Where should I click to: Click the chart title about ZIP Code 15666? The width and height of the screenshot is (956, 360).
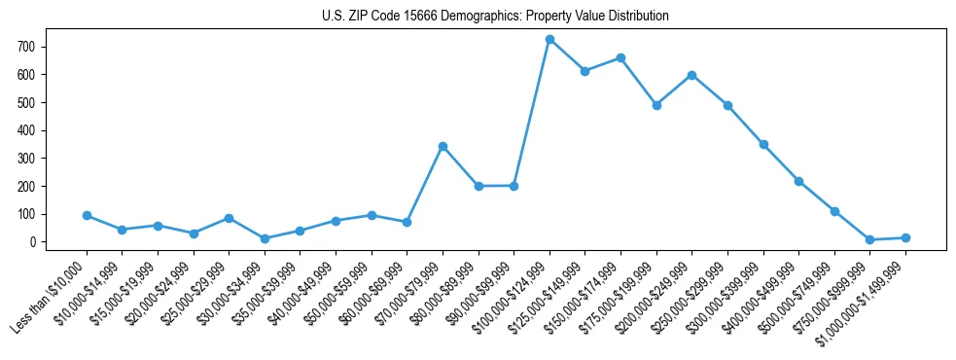[x=495, y=16]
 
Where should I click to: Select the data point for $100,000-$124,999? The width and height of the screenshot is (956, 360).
[x=549, y=39]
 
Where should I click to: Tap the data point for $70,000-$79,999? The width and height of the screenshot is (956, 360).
[x=443, y=146]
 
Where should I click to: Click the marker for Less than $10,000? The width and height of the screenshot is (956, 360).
[x=87, y=215]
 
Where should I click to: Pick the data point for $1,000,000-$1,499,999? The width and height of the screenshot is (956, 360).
[x=905, y=237]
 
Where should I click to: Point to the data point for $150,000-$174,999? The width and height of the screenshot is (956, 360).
[x=620, y=57]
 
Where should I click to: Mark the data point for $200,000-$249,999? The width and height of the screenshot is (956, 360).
[x=691, y=75]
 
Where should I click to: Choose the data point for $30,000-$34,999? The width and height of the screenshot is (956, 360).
[x=265, y=238]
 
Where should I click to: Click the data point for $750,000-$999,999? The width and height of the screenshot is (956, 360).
[x=869, y=239]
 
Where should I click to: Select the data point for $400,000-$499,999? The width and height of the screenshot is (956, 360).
[x=798, y=181]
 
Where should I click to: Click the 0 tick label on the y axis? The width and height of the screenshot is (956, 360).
[x=33, y=242]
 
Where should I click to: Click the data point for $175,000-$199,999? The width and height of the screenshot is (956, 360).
[x=656, y=105]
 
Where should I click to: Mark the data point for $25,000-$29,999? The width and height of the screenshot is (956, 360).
[x=229, y=218]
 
